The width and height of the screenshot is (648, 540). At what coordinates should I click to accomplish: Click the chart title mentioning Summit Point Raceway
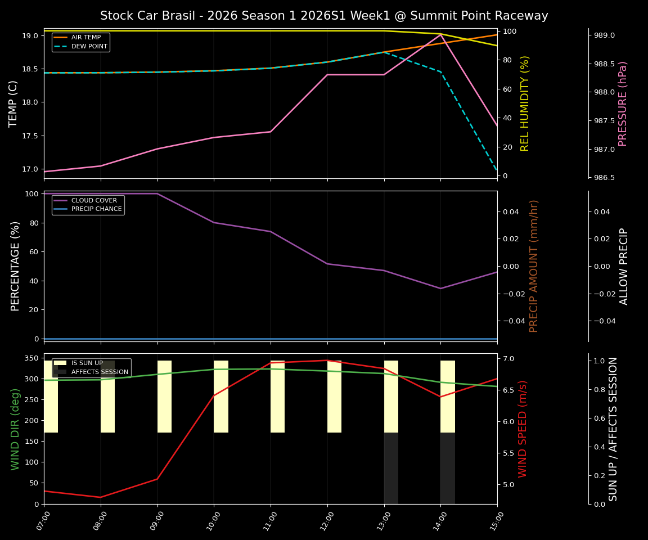click(x=324, y=16)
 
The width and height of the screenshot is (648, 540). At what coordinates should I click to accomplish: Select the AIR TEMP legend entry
click(x=82, y=37)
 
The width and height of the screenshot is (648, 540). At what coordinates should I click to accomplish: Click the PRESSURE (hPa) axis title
click(x=623, y=103)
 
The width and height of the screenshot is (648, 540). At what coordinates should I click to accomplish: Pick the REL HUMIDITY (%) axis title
click(x=525, y=103)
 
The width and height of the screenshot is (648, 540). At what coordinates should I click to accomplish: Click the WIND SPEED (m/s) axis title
click(x=523, y=429)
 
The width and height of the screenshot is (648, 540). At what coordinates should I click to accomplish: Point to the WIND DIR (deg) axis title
click(x=15, y=429)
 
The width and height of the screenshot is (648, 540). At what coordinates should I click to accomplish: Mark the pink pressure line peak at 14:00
click(x=440, y=34)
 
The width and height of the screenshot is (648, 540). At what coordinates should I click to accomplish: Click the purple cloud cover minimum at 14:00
click(x=440, y=289)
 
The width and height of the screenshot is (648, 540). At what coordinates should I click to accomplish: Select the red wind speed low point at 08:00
click(x=101, y=497)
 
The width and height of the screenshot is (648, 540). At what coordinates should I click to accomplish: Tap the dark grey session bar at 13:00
click(x=391, y=468)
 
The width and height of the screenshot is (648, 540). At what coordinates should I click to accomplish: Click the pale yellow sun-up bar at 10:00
click(x=221, y=397)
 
